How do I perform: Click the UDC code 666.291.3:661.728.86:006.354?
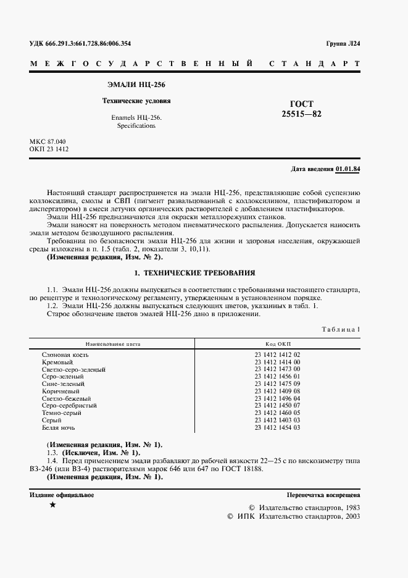tap(80, 44)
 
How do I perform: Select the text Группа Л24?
tap(343, 44)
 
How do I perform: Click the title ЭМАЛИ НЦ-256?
tap(136, 84)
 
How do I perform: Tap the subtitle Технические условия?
tap(136, 100)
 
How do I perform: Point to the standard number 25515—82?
tap(302, 114)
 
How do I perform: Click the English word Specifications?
tap(136, 126)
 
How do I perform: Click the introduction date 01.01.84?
tap(348, 169)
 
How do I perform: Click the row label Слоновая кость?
tap(65, 355)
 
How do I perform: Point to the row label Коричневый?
tap(60, 392)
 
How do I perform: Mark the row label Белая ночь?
tap(59, 427)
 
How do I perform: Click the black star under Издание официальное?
tap(52, 505)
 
